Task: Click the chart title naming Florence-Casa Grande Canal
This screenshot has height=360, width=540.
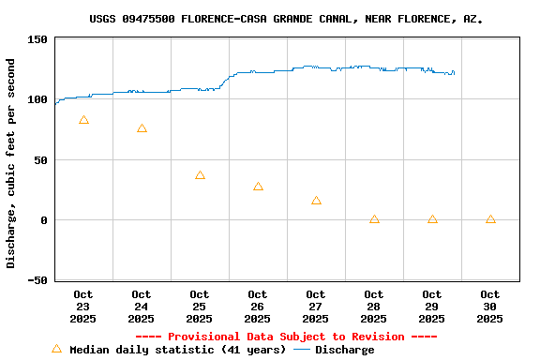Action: click(287, 19)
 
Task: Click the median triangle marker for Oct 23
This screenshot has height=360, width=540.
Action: click(83, 120)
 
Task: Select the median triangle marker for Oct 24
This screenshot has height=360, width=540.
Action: click(142, 128)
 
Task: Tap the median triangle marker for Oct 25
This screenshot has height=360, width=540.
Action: click(200, 175)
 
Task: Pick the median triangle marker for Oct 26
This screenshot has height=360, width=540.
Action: click(258, 187)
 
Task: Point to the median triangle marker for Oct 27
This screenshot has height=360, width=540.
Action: click(316, 200)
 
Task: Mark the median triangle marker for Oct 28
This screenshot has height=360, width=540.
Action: click(374, 219)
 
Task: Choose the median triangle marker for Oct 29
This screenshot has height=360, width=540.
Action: click(432, 219)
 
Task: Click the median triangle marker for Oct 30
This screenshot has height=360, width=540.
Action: click(490, 219)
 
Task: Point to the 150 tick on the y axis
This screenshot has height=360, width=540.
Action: click(37, 39)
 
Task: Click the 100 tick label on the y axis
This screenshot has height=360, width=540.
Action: click(37, 99)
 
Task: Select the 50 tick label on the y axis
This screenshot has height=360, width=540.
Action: click(40, 160)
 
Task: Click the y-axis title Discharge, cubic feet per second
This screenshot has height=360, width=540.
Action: click(11, 163)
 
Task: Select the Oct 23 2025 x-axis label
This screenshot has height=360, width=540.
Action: click(83, 307)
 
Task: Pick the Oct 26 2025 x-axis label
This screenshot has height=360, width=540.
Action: click(258, 307)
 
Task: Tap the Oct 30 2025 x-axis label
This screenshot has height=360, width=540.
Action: click(490, 307)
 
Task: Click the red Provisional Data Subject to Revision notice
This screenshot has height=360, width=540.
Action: click(286, 337)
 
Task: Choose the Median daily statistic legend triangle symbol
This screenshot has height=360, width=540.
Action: click(56, 349)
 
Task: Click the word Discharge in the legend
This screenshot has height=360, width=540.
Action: click(344, 350)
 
